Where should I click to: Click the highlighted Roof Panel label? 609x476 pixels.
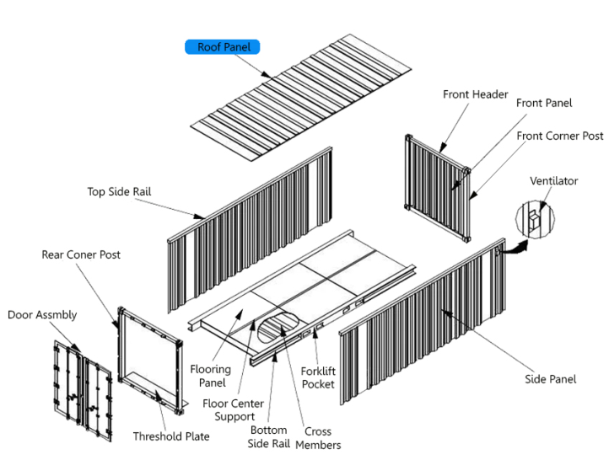[224, 47]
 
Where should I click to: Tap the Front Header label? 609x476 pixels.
[475, 94]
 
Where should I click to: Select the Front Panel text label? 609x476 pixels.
[543, 103]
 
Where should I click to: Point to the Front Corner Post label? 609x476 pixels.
[559, 136]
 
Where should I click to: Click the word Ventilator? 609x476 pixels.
[553, 181]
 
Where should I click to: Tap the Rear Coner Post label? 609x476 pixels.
[81, 254]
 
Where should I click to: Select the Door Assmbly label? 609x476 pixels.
[42, 315]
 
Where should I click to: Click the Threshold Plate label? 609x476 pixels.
[171, 436]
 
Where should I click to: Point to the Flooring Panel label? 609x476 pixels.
[210, 376]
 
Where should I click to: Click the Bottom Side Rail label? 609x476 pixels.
[269, 437]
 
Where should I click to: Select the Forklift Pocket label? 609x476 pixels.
[318, 377]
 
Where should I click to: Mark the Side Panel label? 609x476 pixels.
[551, 379]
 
